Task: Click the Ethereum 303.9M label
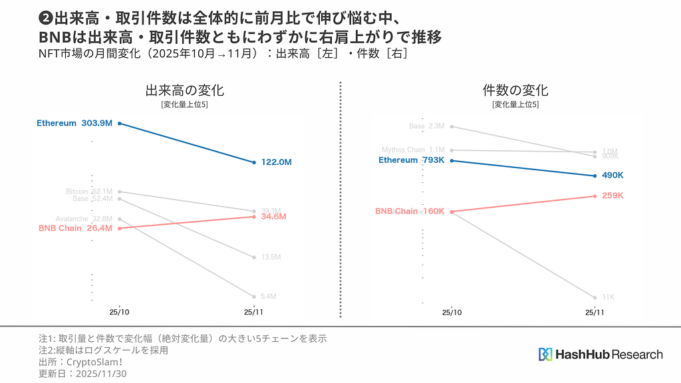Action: [x=74, y=123]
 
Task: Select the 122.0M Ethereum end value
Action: [x=276, y=162]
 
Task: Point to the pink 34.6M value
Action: [x=273, y=217]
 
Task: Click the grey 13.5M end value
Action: [x=271, y=257]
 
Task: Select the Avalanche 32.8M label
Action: [x=84, y=219]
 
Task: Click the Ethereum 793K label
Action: [x=411, y=160]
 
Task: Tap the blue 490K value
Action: [x=612, y=176]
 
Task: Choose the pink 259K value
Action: [x=612, y=195]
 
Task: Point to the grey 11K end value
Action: [x=608, y=297]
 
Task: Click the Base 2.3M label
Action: [x=426, y=126]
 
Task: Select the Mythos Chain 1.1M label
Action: [x=412, y=150]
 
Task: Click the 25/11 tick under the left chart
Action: [x=254, y=311]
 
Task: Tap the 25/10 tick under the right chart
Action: [x=452, y=311]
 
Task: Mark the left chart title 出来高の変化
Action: [x=184, y=90]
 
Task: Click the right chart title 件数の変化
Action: [x=515, y=90]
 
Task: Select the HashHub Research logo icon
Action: [x=545, y=354]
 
